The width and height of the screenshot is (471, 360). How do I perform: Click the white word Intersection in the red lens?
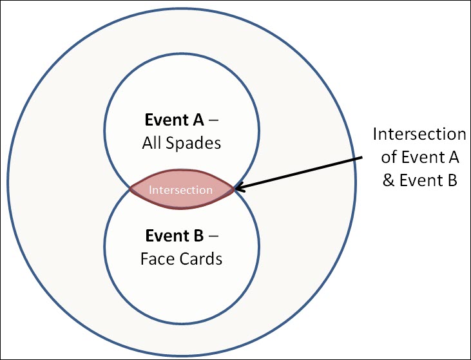(x=180, y=190)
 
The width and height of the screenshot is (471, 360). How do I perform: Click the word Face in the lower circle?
(x=155, y=260)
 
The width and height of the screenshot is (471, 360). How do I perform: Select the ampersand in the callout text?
(x=389, y=181)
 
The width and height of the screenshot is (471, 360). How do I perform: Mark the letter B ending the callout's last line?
(x=450, y=181)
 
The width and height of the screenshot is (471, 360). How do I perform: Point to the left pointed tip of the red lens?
(x=131, y=189)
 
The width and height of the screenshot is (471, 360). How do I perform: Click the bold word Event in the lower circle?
(x=168, y=236)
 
